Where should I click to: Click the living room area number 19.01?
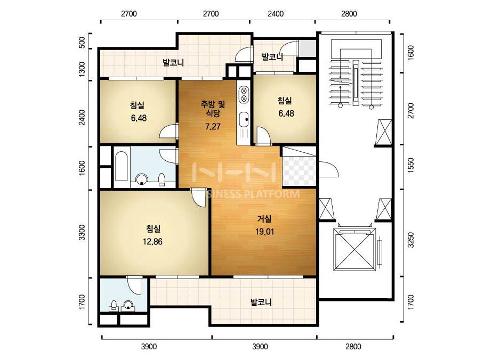click(x=264, y=232)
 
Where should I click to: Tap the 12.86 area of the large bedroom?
click(x=152, y=242)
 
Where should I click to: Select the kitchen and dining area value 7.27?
click(x=213, y=127)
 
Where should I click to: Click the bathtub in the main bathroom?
click(x=122, y=167)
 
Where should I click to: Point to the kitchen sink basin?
click(x=244, y=119)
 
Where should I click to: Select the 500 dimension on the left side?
click(x=82, y=42)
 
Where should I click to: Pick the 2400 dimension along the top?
click(x=276, y=13)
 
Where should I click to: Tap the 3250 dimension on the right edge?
click(x=410, y=240)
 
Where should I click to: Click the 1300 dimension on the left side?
click(x=82, y=69)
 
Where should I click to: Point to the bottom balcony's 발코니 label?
click(x=261, y=302)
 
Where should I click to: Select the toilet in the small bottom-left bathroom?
click(x=114, y=306)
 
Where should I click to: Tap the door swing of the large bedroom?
click(x=198, y=197)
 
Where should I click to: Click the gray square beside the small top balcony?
click(x=307, y=48)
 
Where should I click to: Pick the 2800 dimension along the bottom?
click(x=353, y=347)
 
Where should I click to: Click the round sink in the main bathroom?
click(x=141, y=179)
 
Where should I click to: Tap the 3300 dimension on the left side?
click(x=82, y=232)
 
